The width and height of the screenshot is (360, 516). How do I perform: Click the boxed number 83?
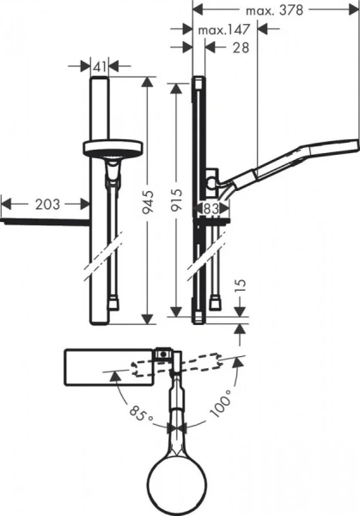(x=211, y=207)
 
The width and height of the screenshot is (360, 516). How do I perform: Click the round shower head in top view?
(x=180, y=474)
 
